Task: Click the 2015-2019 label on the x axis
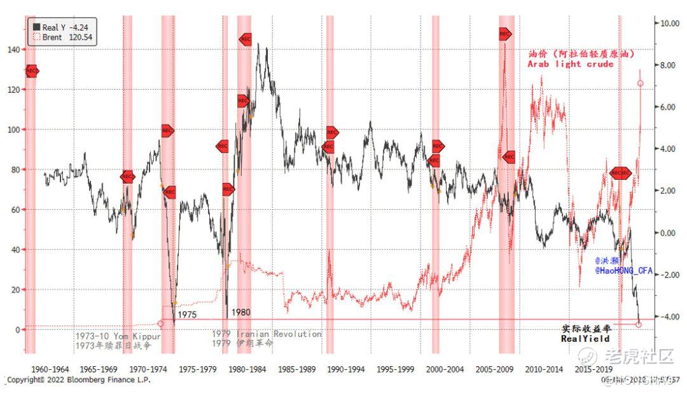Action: (x=593, y=369)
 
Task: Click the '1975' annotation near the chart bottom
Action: (x=187, y=315)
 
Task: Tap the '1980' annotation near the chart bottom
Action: (x=241, y=313)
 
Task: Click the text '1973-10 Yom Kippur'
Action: (x=118, y=335)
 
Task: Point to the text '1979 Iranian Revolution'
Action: (x=267, y=334)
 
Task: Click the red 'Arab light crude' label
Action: (x=571, y=64)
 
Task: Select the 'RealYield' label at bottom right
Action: (x=585, y=339)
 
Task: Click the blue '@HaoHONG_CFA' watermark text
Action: (x=624, y=271)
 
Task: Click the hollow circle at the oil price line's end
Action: (x=641, y=83)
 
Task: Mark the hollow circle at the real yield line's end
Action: (x=639, y=324)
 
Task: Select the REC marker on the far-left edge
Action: (x=32, y=71)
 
